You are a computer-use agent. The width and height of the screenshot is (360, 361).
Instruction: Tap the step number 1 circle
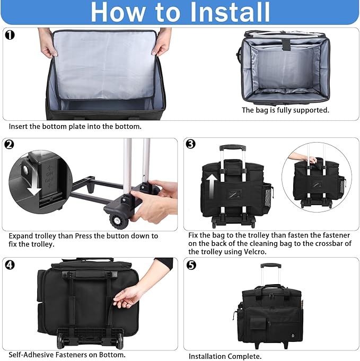9,35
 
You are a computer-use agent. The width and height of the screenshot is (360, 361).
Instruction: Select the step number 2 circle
9,145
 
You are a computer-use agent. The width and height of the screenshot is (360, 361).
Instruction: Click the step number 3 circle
191,145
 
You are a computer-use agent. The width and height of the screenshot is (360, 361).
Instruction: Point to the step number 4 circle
9,264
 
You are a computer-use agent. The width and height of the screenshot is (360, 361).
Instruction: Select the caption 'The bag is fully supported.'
285,110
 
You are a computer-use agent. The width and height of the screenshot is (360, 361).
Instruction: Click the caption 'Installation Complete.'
225,356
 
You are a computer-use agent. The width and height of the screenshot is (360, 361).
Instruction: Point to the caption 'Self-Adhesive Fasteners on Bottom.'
67,355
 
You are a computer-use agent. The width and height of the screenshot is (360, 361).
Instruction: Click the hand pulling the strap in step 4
128,297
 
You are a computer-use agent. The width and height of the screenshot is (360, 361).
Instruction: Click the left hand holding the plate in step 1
48,48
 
